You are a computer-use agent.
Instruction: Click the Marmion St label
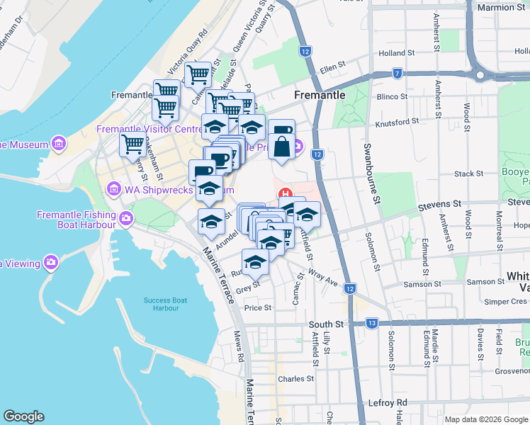tap(501, 7)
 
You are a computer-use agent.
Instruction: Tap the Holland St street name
tap(396, 53)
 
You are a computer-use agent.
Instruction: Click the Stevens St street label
tap(439, 204)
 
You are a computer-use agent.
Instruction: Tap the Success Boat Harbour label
tap(166, 304)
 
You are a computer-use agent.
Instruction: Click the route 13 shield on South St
tap(372, 323)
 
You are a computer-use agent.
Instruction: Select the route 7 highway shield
tap(398, 74)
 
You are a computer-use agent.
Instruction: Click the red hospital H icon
tap(286, 194)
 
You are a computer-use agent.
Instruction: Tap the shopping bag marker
tap(281, 147)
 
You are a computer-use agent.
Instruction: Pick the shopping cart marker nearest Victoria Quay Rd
tap(197, 73)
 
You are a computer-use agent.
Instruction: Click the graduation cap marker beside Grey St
tap(256, 261)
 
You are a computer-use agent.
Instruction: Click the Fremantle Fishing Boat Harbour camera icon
tap(126, 220)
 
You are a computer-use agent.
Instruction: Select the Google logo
tap(24, 416)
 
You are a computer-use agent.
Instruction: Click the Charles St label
tap(296, 379)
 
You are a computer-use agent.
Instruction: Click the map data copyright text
tap(486, 419)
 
